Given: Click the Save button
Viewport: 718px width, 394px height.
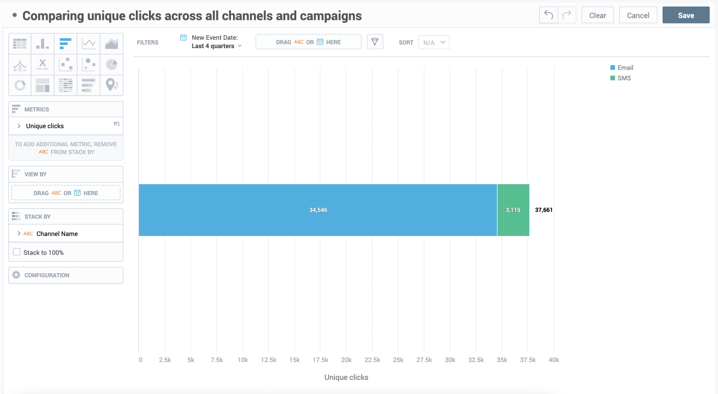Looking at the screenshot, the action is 686,15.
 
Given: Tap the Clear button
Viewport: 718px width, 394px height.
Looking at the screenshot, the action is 597,15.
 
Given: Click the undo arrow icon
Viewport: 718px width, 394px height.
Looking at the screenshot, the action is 549,15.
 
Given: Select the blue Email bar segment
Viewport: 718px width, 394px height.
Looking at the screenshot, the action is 318,210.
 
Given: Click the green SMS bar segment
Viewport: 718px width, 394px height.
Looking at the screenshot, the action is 513,210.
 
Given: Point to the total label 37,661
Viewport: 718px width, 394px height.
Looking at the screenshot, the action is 543,210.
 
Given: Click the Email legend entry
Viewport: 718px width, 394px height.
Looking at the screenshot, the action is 621,67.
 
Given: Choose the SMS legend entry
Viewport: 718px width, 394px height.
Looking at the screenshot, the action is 621,78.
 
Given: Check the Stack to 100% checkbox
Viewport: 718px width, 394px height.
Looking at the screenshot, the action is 17,252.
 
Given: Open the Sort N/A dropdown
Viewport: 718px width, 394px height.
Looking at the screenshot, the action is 434,42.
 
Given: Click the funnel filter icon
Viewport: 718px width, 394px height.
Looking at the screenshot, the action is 375,42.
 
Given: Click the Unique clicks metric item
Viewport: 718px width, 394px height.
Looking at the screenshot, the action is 45,126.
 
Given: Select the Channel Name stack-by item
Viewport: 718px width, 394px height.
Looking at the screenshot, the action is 57,233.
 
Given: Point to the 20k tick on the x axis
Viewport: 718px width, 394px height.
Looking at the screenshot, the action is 346,360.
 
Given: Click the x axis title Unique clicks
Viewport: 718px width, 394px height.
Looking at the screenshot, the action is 346,377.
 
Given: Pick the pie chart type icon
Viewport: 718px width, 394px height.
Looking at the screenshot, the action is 111,64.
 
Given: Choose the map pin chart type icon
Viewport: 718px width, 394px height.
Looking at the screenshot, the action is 111,85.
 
